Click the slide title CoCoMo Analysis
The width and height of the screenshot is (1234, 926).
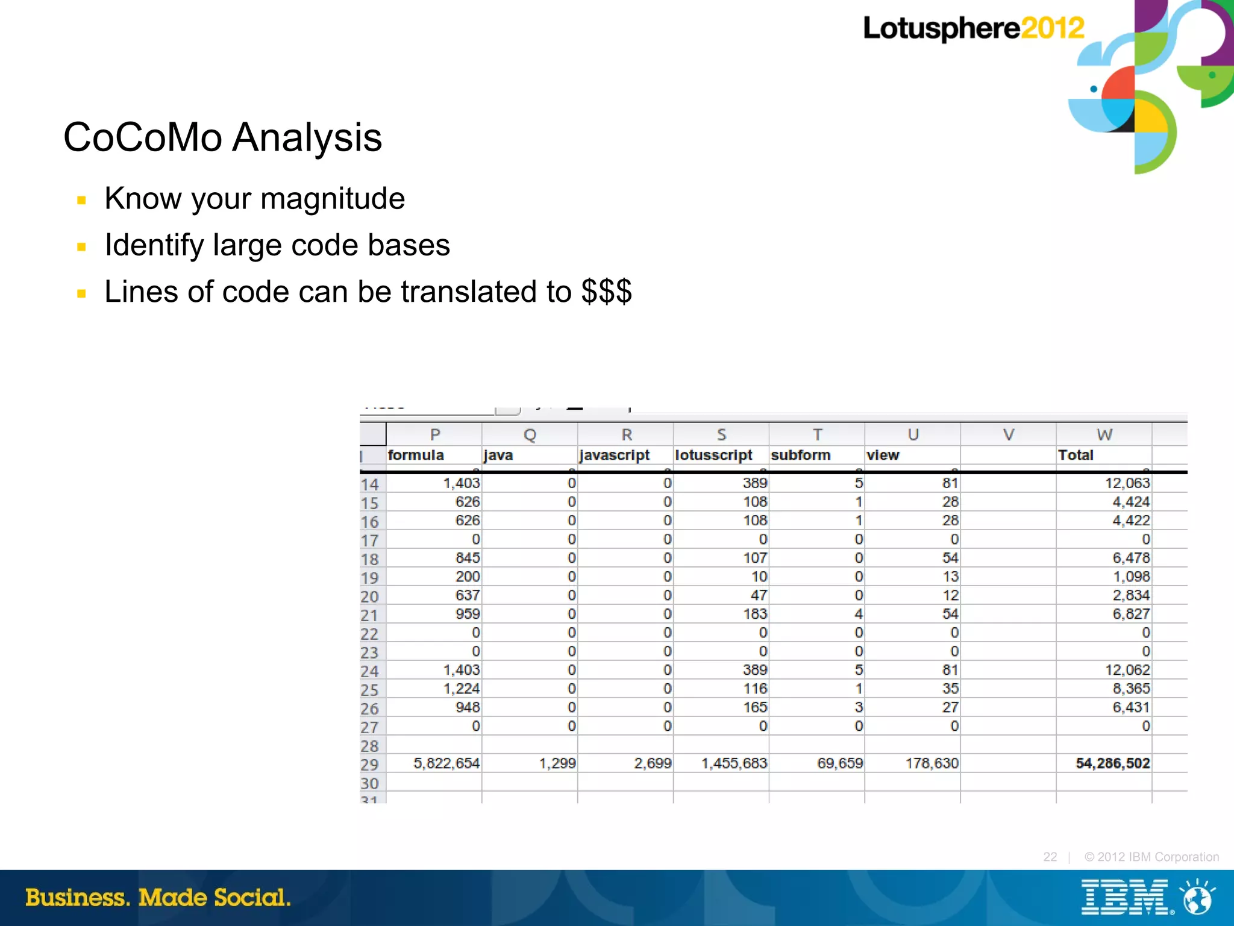tap(222, 137)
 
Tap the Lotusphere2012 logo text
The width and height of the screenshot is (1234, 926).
tap(972, 28)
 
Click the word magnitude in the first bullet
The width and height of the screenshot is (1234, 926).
tap(333, 199)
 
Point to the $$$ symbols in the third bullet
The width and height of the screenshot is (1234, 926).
tap(606, 292)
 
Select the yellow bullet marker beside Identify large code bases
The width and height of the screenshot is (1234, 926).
tap(82, 246)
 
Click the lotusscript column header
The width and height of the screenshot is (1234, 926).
tap(713, 455)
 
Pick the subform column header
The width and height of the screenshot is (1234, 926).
tap(800, 455)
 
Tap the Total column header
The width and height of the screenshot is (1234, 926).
tap(1076, 455)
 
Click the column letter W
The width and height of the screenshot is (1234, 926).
tap(1104, 434)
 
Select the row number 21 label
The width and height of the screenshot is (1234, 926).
tap(369, 615)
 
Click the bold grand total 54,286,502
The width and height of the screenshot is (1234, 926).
tap(1112, 763)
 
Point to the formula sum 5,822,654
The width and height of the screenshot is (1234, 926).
tap(446, 763)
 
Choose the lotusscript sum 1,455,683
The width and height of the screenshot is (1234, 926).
tap(734, 763)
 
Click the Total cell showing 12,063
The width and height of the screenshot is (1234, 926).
tap(1127, 483)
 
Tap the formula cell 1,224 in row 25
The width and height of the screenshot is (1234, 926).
tap(462, 689)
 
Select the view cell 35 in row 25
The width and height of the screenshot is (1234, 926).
tap(950, 689)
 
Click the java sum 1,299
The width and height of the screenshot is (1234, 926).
tap(557, 763)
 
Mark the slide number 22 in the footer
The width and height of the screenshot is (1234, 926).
tap(1050, 857)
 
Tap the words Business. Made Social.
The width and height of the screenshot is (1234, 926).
tap(158, 898)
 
